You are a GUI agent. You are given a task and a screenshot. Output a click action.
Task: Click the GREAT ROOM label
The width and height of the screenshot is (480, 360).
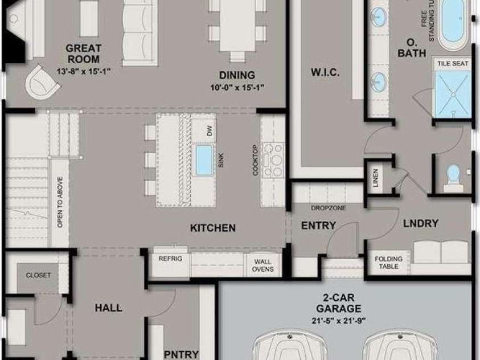coord(83,54)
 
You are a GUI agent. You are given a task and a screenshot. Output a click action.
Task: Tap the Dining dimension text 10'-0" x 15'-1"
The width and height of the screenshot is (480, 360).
coord(237,88)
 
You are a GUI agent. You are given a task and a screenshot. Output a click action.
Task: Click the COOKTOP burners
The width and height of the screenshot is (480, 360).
coord(273,160)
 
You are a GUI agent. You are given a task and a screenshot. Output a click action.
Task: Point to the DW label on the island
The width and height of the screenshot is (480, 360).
coord(210,132)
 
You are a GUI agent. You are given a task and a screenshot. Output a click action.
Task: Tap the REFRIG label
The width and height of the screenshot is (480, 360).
coord(170,259)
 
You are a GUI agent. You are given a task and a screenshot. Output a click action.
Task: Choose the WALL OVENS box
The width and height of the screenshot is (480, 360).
coord(262,265)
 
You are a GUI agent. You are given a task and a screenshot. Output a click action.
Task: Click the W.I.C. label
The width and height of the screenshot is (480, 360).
coord(325,72)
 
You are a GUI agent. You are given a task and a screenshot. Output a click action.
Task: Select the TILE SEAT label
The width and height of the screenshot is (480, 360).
coord(453,64)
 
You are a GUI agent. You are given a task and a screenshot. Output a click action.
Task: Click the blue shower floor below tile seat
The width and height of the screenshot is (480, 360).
coord(453,94)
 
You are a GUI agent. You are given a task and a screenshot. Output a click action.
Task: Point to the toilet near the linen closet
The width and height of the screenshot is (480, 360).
coord(454,178)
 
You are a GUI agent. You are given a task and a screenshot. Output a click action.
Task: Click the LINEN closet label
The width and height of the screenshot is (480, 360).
coord(376,178)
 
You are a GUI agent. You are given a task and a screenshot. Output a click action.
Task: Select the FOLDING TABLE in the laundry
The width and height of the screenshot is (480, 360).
coord(388,263)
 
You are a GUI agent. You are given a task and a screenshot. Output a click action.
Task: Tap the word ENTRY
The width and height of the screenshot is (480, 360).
coord(319,226)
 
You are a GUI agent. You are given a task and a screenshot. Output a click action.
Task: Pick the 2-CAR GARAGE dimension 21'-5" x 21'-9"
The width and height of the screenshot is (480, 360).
coord(339,321)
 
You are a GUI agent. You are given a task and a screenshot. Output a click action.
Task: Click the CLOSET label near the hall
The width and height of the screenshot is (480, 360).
coord(38,275)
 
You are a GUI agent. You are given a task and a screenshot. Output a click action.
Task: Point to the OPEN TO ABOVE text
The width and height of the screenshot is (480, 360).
coord(60,202)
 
